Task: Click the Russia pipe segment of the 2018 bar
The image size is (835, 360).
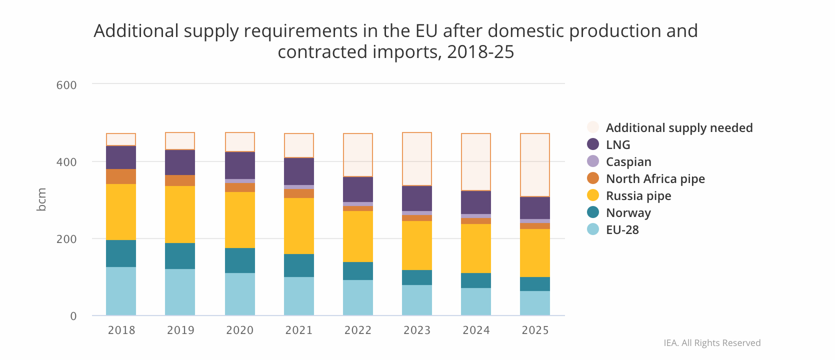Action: (x=121, y=212)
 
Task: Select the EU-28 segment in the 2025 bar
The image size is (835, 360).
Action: (x=535, y=303)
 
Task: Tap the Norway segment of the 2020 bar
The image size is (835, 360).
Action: (x=240, y=260)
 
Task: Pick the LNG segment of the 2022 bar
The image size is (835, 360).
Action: (x=358, y=189)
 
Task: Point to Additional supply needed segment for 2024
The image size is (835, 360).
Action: (x=476, y=162)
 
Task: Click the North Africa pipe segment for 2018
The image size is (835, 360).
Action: (x=121, y=176)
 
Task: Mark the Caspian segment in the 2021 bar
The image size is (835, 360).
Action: (x=299, y=187)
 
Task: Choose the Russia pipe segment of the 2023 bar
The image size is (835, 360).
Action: (x=417, y=245)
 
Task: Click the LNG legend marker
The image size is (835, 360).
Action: (x=593, y=144)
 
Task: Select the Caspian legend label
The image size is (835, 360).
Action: (x=628, y=161)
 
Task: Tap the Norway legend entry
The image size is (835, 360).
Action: (x=628, y=212)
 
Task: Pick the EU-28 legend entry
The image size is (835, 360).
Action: (x=622, y=229)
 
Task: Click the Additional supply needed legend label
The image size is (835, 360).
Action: (x=679, y=127)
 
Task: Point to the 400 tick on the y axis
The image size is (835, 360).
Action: (x=66, y=162)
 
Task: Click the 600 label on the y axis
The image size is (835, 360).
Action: (x=66, y=85)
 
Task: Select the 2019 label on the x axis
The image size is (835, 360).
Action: (x=180, y=330)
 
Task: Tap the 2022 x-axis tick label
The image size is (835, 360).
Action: (x=358, y=330)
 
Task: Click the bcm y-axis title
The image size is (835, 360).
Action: (x=41, y=199)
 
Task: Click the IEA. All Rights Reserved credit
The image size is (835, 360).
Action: (x=712, y=343)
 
